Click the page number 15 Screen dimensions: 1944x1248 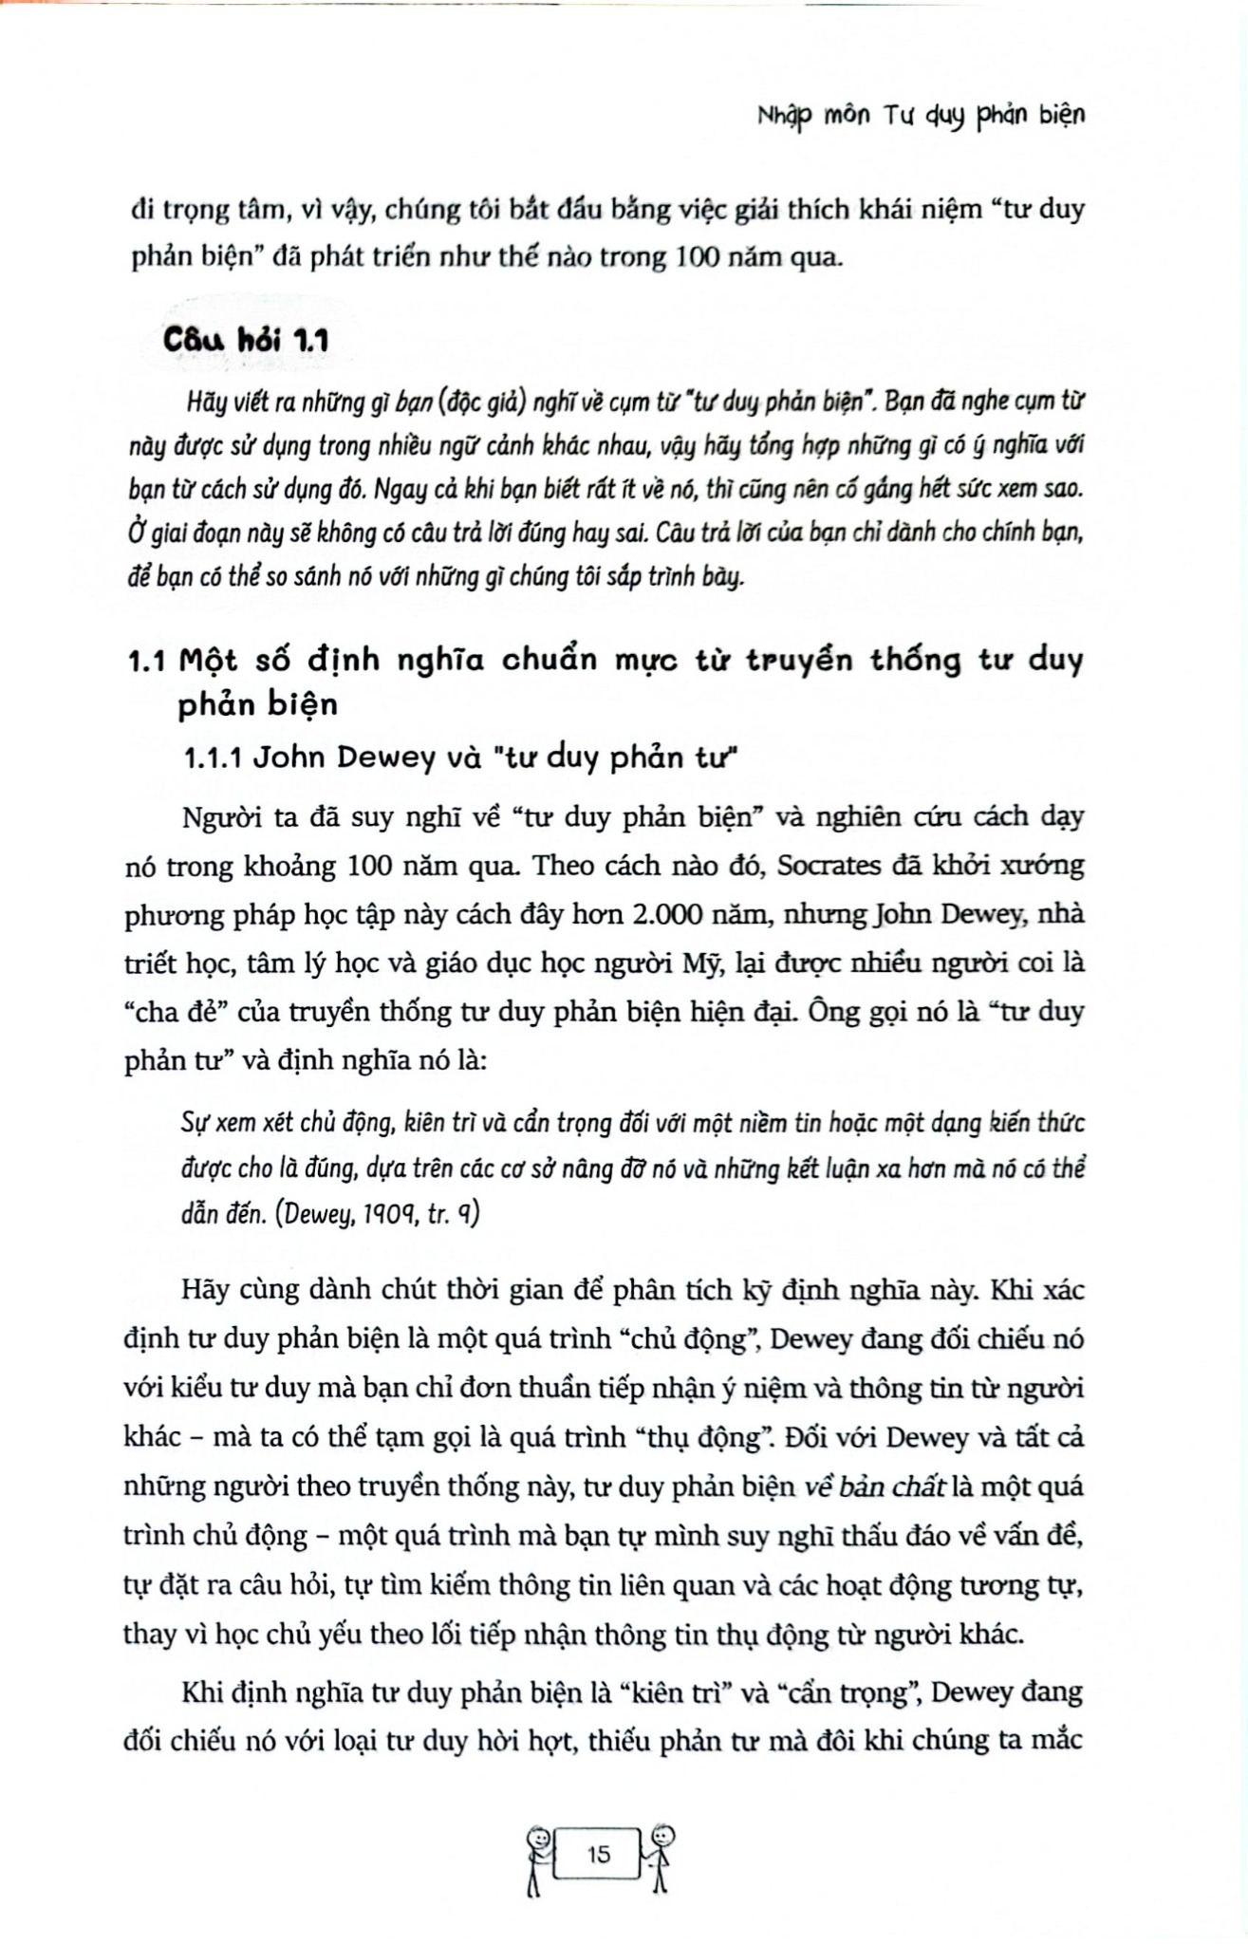pos(599,1854)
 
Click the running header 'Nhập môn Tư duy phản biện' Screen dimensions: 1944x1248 pos(922,116)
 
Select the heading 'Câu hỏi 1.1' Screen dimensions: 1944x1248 pos(246,340)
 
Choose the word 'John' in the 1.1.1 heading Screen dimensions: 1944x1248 pos(294,757)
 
